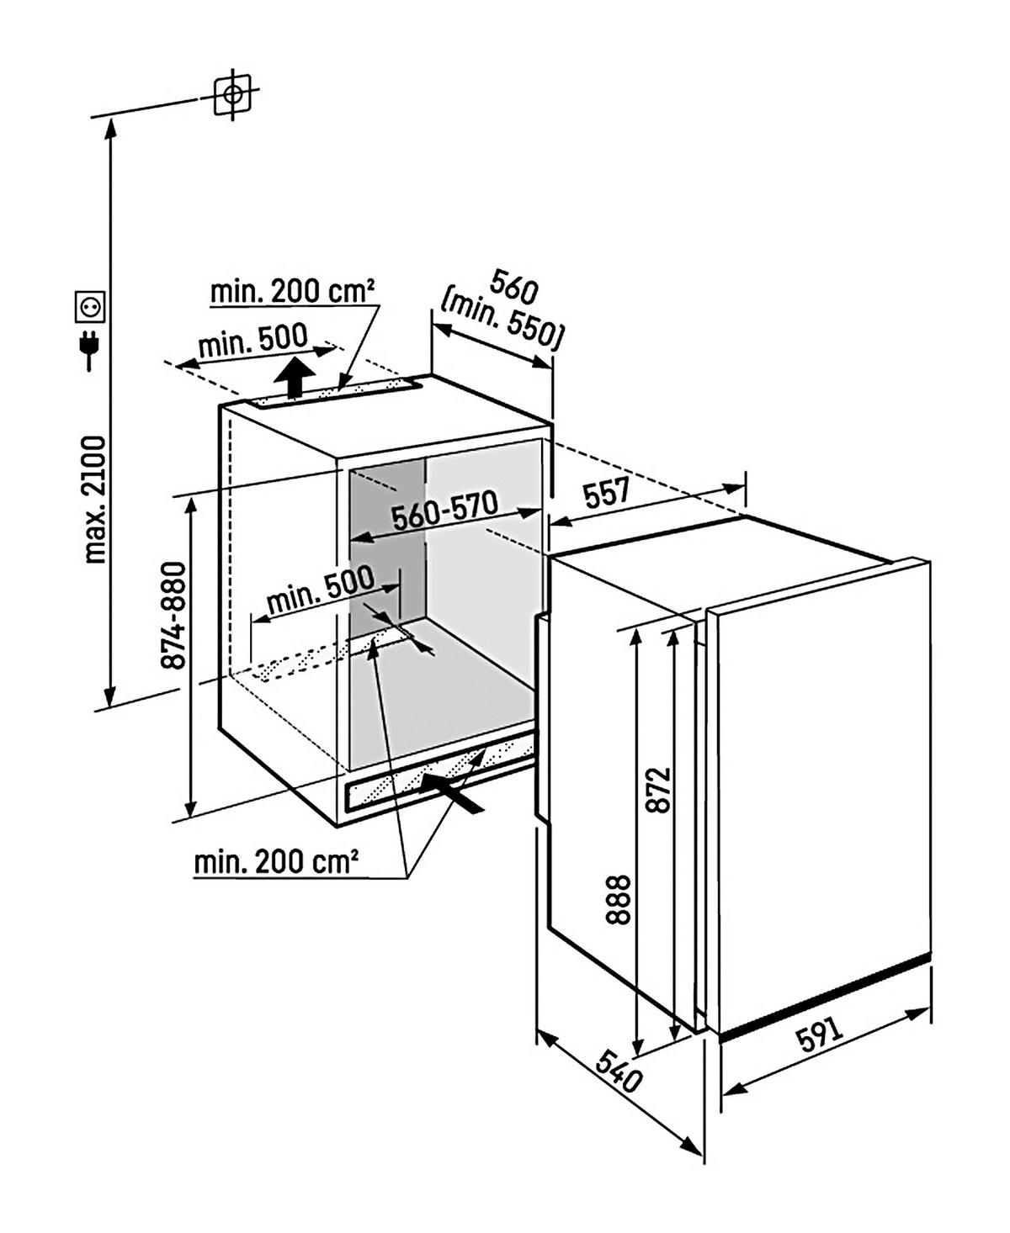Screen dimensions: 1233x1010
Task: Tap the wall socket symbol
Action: pyautogui.click(x=90, y=306)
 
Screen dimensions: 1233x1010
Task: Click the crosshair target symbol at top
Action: pyautogui.click(x=232, y=93)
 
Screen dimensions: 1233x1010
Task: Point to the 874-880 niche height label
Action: pyautogui.click(x=173, y=615)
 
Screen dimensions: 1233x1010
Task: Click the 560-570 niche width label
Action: pyautogui.click(x=444, y=513)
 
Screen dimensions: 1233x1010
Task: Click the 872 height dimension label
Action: pyautogui.click(x=662, y=788)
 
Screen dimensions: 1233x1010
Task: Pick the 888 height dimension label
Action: pyautogui.click(x=619, y=899)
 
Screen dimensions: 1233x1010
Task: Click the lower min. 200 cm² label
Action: pyautogui.click(x=277, y=861)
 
